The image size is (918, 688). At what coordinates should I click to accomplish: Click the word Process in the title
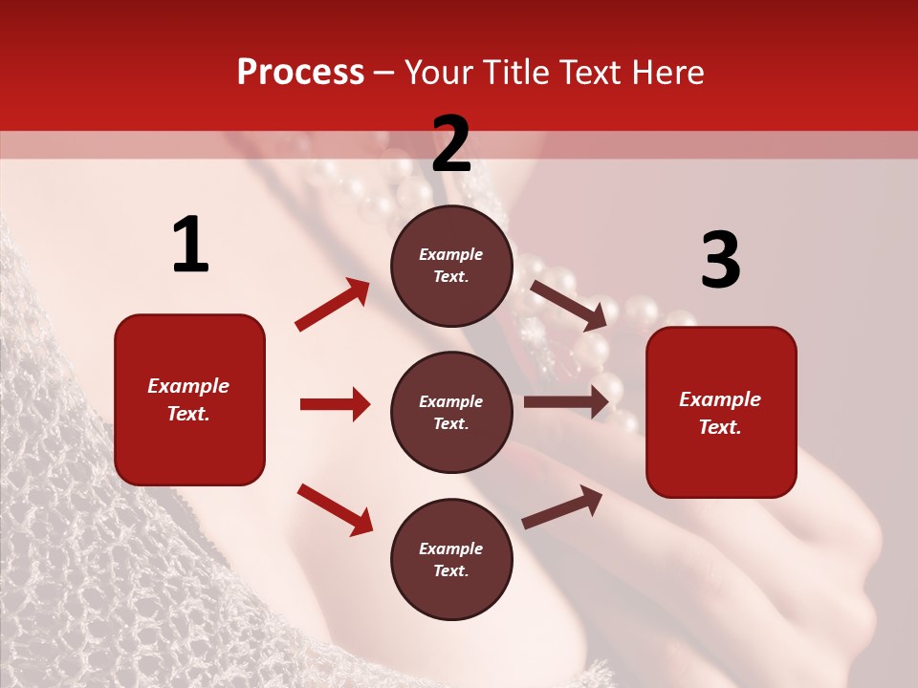coord(300,72)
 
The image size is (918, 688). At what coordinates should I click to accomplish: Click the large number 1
coord(190,246)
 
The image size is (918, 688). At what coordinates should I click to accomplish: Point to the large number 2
coord(451,144)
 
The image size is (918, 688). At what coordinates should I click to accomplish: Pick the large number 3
coord(720,260)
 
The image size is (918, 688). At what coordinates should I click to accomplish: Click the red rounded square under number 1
coord(189,399)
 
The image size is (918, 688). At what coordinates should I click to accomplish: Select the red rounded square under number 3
coord(721,413)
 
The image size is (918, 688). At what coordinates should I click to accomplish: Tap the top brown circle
coord(451,266)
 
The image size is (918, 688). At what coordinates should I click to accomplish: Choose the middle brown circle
coord(451,412)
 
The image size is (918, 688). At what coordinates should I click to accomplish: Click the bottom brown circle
coord(451,559)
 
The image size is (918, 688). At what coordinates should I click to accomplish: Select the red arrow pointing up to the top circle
coord(333,305)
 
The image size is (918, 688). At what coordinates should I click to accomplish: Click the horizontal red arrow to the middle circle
coord(335,404)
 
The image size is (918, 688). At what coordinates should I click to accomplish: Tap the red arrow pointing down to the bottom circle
coord(335,508)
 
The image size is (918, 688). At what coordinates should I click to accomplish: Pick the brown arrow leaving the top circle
coord(569,305)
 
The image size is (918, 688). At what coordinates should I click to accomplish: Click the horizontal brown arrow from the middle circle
coord(566,402)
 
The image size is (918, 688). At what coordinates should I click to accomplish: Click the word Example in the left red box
coord(188,386)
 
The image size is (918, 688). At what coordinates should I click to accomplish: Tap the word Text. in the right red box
coord(720,427)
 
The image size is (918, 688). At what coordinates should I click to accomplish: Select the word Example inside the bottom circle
coord(451,548)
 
